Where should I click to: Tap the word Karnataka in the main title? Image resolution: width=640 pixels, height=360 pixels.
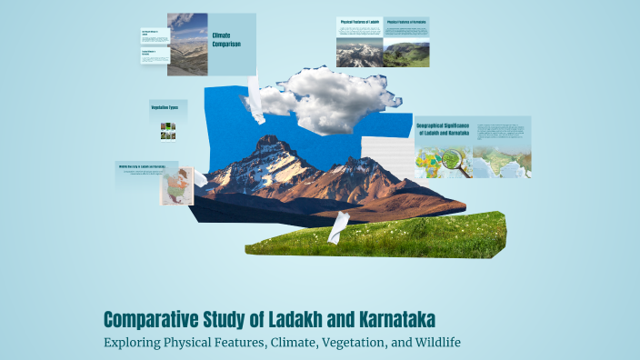click(x=386, y=319)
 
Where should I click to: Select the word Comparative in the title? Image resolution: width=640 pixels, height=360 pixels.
click(x=157, y=319)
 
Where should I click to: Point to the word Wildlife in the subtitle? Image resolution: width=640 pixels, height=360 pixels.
click(x=436, y=343)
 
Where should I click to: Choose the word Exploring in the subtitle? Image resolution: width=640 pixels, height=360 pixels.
click(x=135, y=343)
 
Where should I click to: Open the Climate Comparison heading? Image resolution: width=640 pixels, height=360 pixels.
click(x=226, y=39)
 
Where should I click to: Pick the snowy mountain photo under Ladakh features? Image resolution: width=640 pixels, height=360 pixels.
click(x=359, y=52)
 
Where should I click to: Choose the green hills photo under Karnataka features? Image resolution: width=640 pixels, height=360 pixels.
click(x=405, y=54)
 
